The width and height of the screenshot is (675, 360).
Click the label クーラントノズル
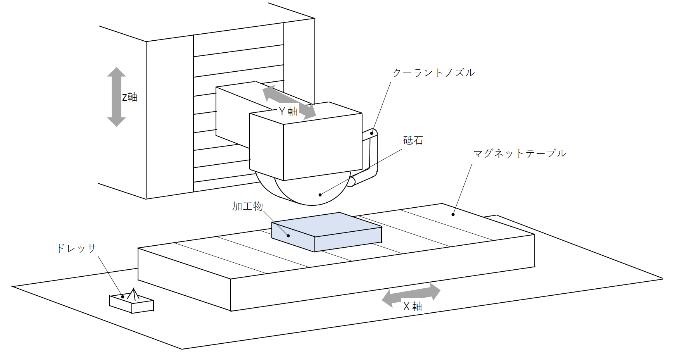(x=433, y=73)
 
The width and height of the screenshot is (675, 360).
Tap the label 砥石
(x=413, y=140)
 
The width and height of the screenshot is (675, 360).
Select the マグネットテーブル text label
(x=520, y=153)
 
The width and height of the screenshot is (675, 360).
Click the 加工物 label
(x=247, y=206)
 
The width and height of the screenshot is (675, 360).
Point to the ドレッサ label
(x=76, y=248)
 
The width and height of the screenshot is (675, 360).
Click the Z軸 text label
(x=130, y=97)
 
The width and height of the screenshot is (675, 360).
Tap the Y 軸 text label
(x=288, y=112)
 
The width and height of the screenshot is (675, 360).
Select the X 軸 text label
(x=413, y=307)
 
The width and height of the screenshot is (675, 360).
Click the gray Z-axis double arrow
(x=116, y=97)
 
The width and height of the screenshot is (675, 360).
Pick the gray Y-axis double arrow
(x=289, y=102)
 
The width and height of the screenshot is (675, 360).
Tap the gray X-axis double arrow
(x=411, y=295)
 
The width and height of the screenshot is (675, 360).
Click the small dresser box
(x=132, y=304)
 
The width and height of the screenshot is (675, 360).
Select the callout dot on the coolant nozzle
(x=371, y=133)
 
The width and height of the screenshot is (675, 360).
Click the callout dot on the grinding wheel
(x=320, y=195)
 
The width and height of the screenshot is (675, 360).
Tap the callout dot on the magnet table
(x=453, y=214)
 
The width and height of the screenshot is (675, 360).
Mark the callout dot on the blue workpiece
(x=288, y=236)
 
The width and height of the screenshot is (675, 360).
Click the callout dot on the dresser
(x=123, y=297)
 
